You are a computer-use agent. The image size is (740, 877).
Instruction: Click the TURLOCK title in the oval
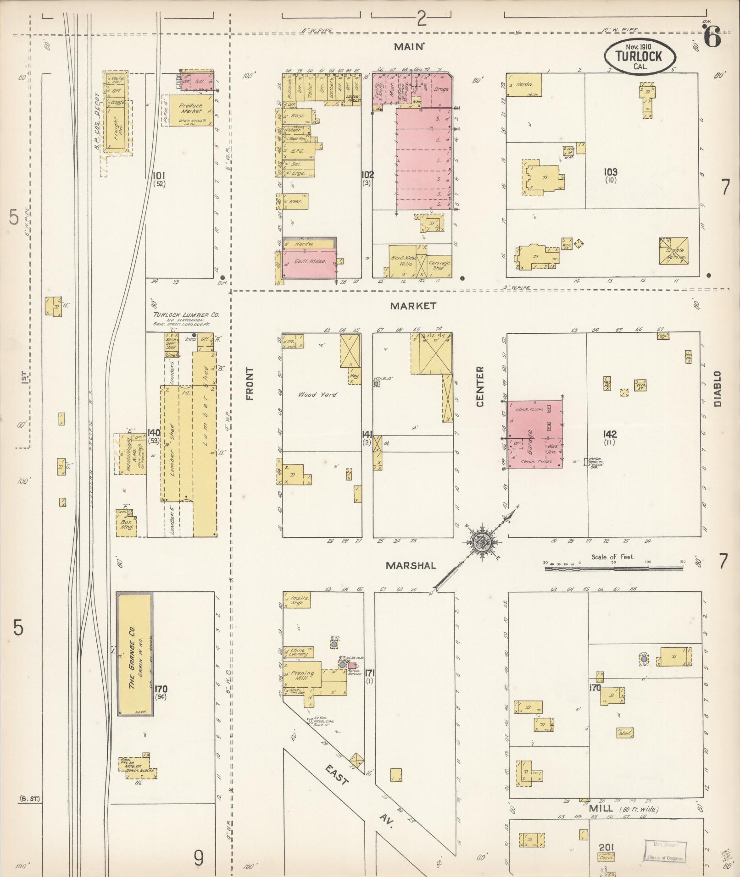[x=639, y=56]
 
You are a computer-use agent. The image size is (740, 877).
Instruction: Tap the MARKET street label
[x=413, y=306]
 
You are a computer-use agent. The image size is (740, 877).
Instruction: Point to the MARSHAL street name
[x=411, y=566]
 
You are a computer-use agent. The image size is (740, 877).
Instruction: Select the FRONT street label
[x=250, y=383]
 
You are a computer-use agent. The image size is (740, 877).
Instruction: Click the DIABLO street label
[x=717, y=389]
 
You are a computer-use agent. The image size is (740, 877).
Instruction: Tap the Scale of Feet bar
[x=614, y=568]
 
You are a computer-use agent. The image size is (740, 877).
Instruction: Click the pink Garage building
[x=534, y=434]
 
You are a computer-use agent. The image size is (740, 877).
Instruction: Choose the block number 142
[x=610, y=434]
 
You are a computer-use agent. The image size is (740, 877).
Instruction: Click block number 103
[x=610, y=172]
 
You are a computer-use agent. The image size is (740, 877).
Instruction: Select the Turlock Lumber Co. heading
[x=186, y=315]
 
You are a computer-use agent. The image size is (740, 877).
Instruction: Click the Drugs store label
[x=441, y=90]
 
